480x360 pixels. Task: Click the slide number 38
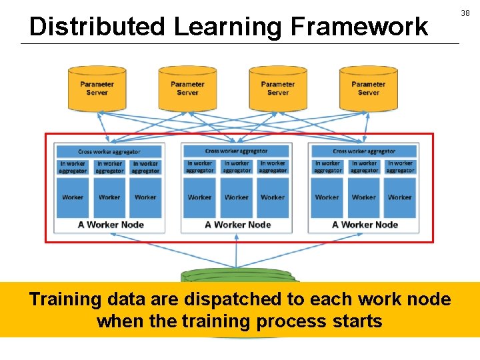(465, 13)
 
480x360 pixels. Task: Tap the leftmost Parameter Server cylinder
(97, 88)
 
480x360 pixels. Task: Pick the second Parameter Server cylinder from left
(187, 88)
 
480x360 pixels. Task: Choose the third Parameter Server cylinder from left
(278, 88)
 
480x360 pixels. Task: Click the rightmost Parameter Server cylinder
(369, 88)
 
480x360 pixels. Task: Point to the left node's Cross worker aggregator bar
(109, 151)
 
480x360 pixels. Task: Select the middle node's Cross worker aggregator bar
(236, 151)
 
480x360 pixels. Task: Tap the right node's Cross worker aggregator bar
(363, 151)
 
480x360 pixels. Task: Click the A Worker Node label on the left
(111, 225)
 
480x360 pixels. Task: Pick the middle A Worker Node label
(238, 225)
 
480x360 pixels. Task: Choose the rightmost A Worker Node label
(365, 225)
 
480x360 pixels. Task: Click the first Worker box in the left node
(73, 197)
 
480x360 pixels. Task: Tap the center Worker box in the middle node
(237, 197)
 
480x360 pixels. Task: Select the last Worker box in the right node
(400, 197)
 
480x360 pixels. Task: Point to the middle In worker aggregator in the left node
(109, 167)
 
